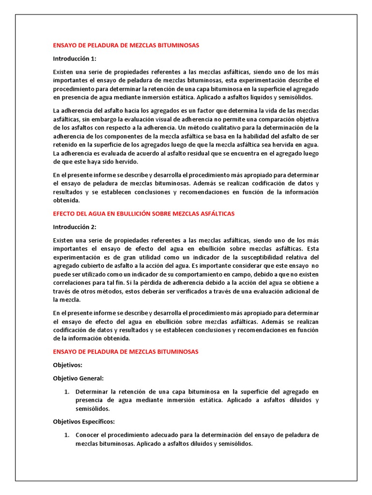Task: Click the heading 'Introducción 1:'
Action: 75,58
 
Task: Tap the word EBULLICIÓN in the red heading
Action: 131,213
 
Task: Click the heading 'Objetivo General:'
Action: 78,378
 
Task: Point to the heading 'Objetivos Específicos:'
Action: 83,422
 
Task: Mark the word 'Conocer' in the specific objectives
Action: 88,435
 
